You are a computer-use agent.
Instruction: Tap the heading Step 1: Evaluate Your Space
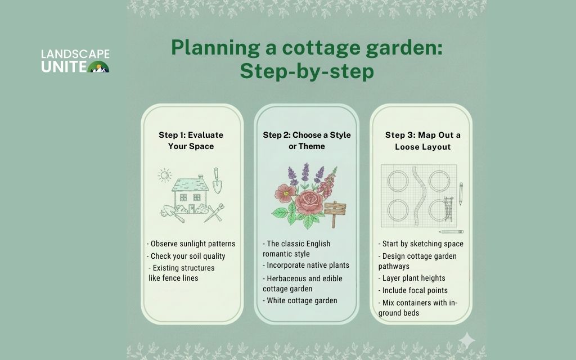(x=191, y=140)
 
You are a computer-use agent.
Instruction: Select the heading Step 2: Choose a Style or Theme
(x=307, y=140)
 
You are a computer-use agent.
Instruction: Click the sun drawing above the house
(x=164, y=175)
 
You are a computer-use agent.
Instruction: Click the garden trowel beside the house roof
(x=217, y=180)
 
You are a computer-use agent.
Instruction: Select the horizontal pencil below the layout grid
(x=451, y=231)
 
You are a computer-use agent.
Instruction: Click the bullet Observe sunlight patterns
(x=191, y=244)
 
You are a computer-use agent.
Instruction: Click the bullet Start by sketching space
(x=421, y=244)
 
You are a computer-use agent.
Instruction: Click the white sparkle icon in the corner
(x=466, y=340)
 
